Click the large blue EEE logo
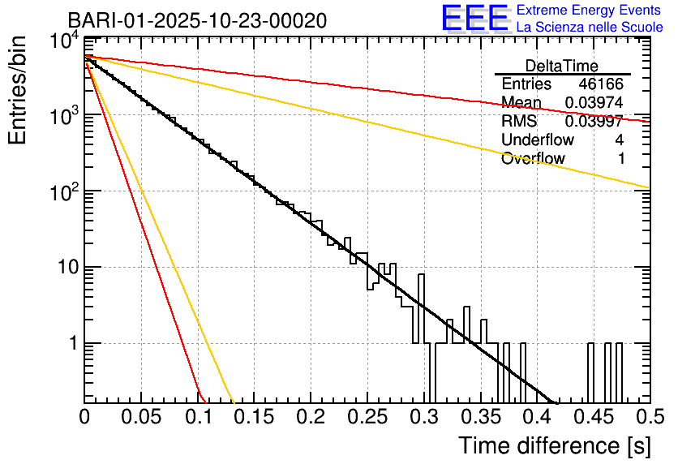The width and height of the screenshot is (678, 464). pos(474,19)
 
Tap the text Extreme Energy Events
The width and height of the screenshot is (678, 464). pos(590,11)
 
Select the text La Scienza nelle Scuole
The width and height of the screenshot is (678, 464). pos(590,28)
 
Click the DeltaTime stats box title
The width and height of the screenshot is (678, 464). pos(561,66)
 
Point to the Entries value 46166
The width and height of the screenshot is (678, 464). pos(601,84)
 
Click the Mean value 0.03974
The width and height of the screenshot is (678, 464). pos(594,103)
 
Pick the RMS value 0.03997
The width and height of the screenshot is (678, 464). pos(594,122)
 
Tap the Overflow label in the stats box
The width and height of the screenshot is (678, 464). pos(533,159)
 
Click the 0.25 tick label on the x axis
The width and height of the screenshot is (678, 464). pos(367,418)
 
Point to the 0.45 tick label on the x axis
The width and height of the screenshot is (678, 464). pos(592,418)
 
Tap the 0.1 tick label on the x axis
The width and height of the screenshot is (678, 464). pos(197,418)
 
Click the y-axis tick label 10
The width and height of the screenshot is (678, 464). pos(63,268)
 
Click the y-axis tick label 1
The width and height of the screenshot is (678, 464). pos(71,343)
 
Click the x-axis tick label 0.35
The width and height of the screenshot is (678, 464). pos(479,418)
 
